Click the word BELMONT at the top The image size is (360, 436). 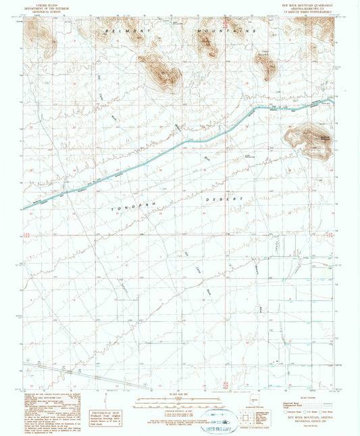pos(116,32)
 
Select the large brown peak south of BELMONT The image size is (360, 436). pos(159,70)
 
